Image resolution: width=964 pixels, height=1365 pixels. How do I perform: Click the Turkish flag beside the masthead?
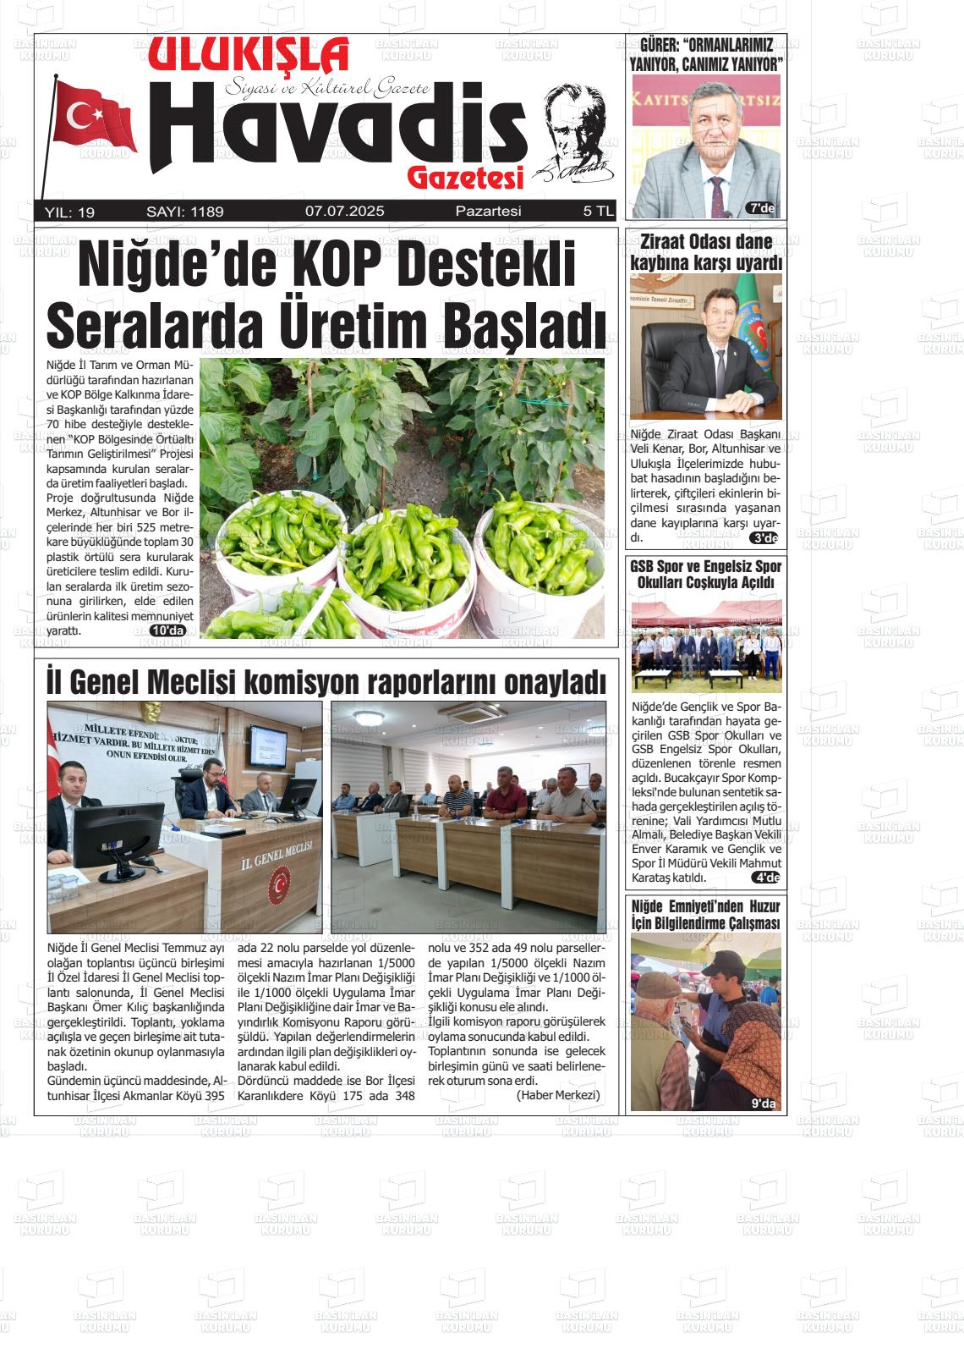click(95, 118)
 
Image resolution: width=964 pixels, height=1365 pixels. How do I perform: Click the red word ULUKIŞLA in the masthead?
click(249, 58)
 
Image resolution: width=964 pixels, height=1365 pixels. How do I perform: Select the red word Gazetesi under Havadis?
click(465, 177)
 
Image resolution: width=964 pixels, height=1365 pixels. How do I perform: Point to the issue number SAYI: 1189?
click(184, 212)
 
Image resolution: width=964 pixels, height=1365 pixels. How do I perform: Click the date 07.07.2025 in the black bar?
click(344, 212)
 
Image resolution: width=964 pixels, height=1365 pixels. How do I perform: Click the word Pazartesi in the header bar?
click(488, 212)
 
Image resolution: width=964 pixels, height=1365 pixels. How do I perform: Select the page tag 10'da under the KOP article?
click(167, 630)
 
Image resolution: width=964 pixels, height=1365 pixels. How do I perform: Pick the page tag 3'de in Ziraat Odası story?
click(764, 538)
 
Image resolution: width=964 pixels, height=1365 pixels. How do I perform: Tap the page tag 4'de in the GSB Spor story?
click(765, 878)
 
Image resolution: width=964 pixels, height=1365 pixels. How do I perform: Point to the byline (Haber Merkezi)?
click(557, 1095)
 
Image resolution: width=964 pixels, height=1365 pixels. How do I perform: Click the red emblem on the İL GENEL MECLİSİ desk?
click(278, 887)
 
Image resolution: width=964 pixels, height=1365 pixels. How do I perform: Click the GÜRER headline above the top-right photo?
click(706, 54)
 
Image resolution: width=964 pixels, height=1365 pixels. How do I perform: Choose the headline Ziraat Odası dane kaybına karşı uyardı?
click(706, 252)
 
